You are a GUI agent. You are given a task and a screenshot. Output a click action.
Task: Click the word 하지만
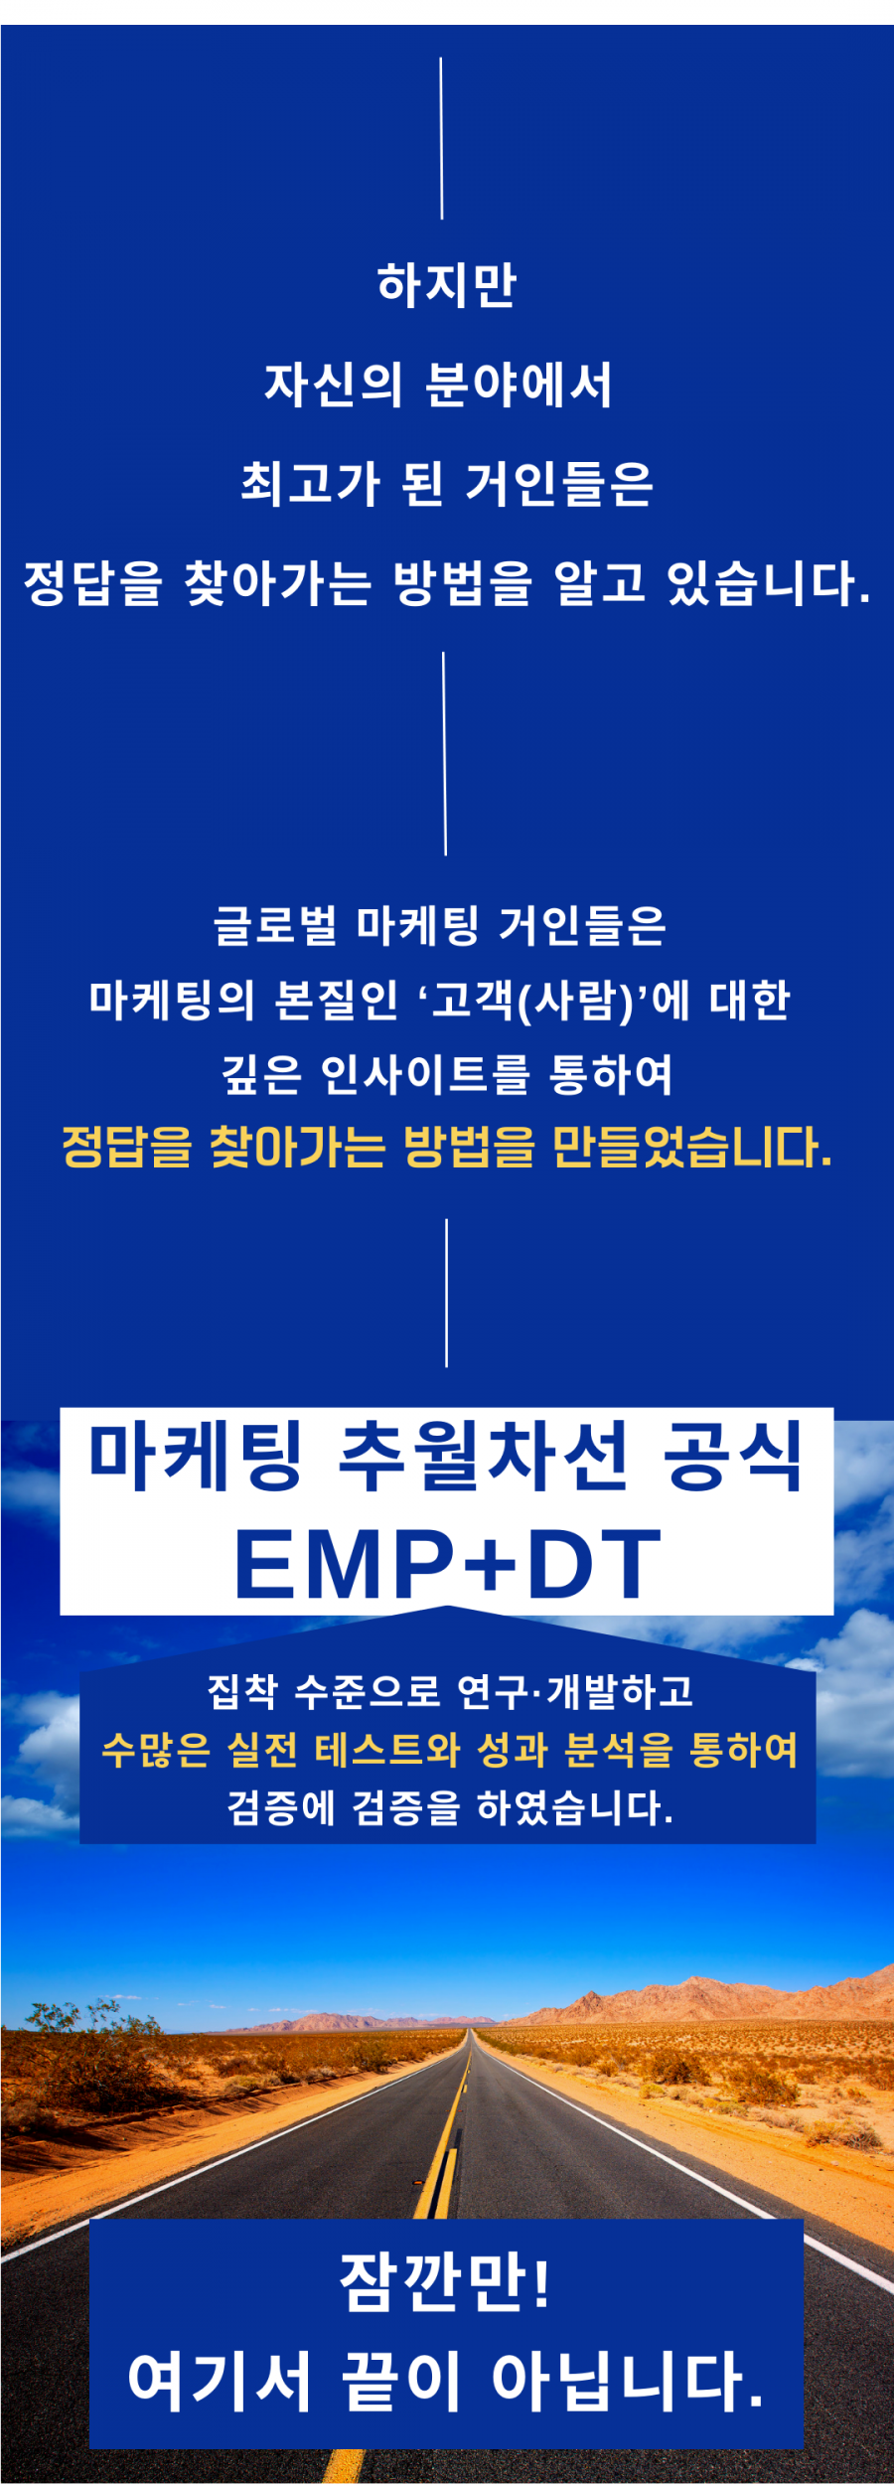click(447, 284)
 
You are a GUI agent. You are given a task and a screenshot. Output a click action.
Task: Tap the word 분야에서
click(519, 385)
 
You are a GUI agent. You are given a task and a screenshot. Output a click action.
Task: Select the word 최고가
click(311, 484)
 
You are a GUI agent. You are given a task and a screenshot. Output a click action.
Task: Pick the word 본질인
click(337, 1000)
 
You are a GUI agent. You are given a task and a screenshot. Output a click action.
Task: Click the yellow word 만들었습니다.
click(691, 1148)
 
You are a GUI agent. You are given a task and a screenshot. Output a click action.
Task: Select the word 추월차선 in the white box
click(484, 1457)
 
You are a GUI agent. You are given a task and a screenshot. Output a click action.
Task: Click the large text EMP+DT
click(447, 1564)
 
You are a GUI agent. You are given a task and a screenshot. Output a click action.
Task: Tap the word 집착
click(243, 1691)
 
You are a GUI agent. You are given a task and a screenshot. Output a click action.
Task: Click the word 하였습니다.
click(574, 1807)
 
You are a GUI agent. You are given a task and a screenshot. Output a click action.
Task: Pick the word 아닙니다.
click(628, 2383)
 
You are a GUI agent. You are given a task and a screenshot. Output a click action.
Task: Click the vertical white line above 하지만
click(441, 138)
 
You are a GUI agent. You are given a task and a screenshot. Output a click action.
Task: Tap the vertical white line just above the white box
click(446, 1293)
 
